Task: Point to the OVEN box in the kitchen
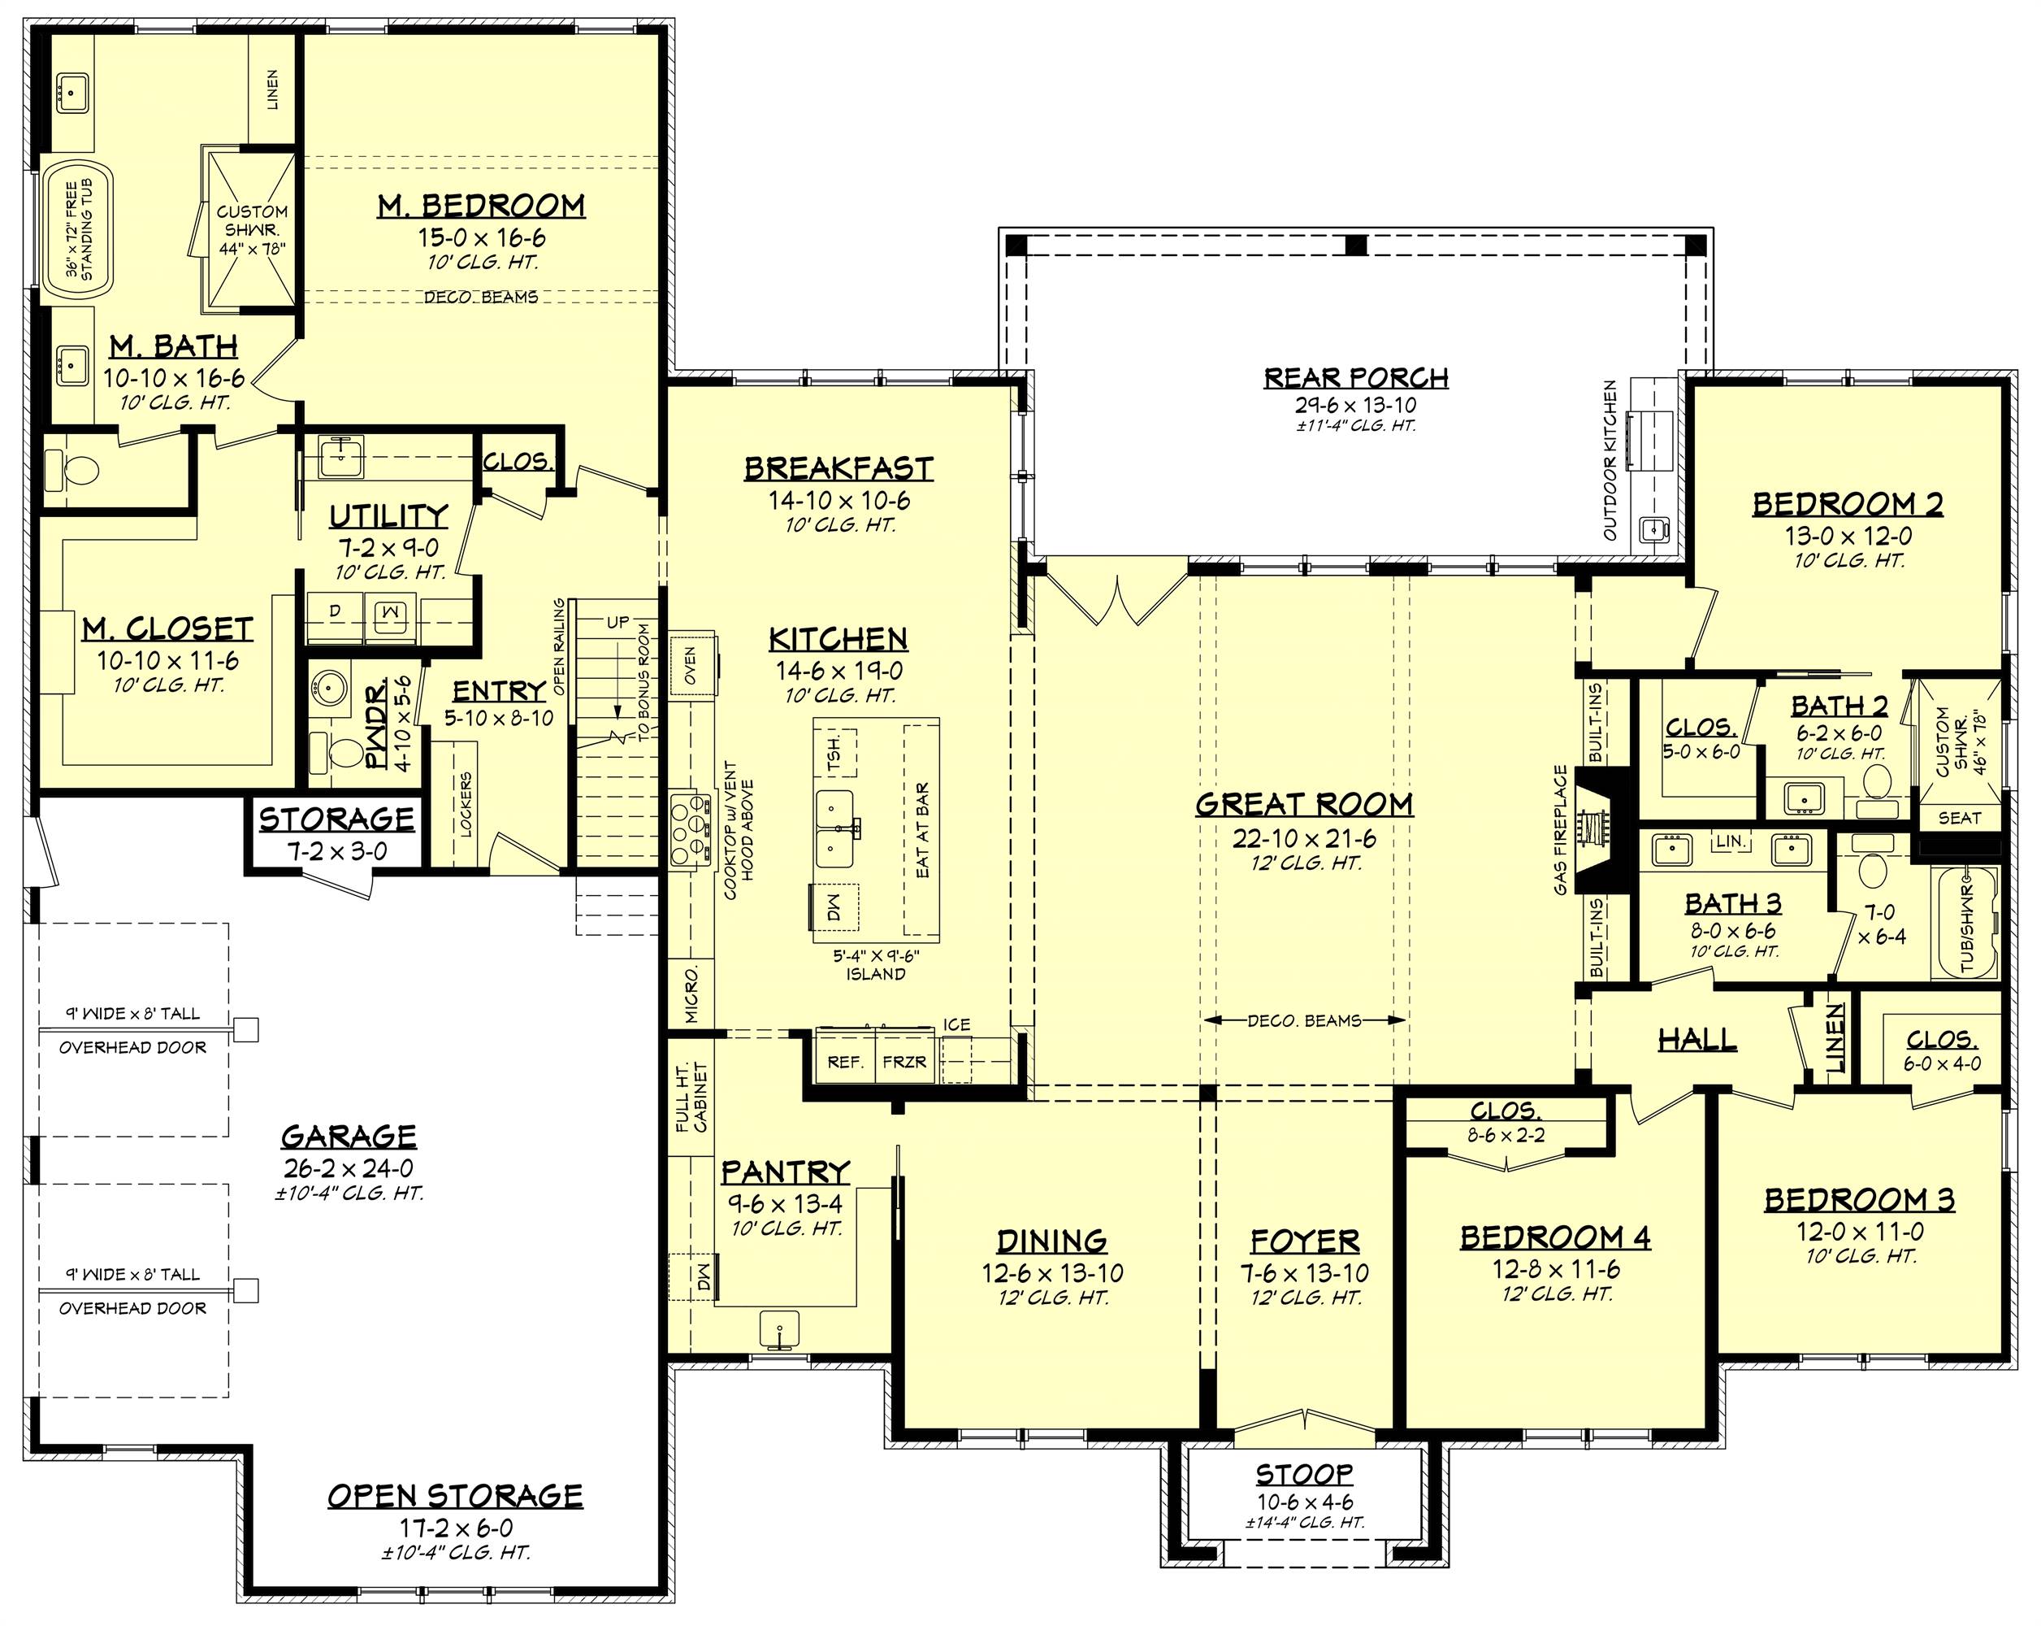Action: tap(690, 666)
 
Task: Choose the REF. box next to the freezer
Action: tap(844, 1063)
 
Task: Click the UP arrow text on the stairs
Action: tap(617, 622)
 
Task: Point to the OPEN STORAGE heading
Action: tap(454, 1496)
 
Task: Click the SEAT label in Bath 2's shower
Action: tap(1959, 817)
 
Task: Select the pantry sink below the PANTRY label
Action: tap(778, 1328)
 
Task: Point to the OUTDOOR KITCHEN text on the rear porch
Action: tap(1610, 460)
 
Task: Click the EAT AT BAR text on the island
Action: tap(923, 829)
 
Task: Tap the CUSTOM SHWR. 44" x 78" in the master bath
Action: tap(251, 230)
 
